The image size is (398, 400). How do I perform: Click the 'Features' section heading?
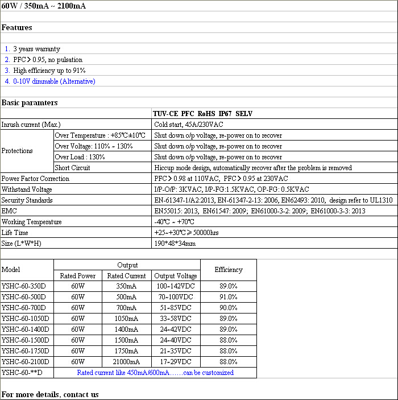pyautogui.click(x=17, y=27)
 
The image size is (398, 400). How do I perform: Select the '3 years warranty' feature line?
pyautogui.click(x=36, y=49)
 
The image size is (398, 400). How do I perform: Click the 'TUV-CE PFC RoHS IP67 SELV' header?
pyautogui.click(x=203, y=114)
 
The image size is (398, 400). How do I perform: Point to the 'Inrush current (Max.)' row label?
pyautogui.click(x=31, y=125)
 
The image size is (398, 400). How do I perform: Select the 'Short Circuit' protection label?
pyautogui.click(x=73, y=168)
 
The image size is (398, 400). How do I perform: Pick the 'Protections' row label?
pyautogui.click(x=18, y=151)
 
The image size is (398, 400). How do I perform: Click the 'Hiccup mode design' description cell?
pyautogui.click(x=253, y=168)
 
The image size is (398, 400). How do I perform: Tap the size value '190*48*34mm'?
pyautogui.click(x=175, y=244)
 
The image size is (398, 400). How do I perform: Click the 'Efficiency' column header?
pyautogui.click(x=229, y=270)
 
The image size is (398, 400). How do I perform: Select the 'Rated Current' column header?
pyautogui.click(x=127, y=276)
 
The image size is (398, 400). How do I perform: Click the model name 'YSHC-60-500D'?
pyautogui.click(x=24, y=297)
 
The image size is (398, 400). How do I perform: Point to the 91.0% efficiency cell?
pyautogui.click(x=229, y=297)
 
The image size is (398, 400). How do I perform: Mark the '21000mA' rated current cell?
pyautogui.click(x=127, y=362)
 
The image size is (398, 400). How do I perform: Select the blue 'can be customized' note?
pyautogui.click(x=155, y=373)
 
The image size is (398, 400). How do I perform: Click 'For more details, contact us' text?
pyautogui.click(x=50, y=394)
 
